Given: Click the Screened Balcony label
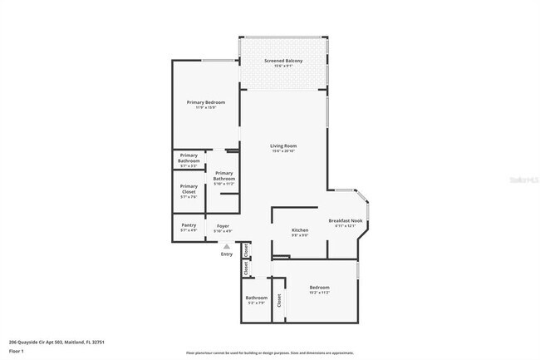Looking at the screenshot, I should [282, 61].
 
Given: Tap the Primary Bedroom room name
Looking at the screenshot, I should [205, 101].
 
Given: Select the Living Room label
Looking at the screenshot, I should [283, 145].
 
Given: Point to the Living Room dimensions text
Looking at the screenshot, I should [283, 150].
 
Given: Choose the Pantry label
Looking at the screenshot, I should [189, 225].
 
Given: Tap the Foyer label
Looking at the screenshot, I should [223, 225].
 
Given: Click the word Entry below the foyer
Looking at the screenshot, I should [226, 254].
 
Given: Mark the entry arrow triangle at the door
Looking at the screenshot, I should [226, 246].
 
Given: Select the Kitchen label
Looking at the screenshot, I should [300, 229].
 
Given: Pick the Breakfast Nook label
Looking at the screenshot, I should [346, 220].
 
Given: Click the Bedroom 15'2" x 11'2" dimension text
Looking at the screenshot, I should [320, 293].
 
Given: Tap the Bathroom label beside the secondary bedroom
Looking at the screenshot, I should [256, 297].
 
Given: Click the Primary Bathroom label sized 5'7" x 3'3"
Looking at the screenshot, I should [189, 157].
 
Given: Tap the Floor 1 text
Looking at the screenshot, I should [17, 352].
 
